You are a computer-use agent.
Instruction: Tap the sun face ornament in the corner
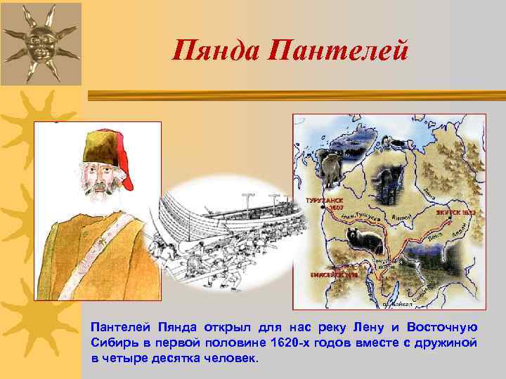39,40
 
